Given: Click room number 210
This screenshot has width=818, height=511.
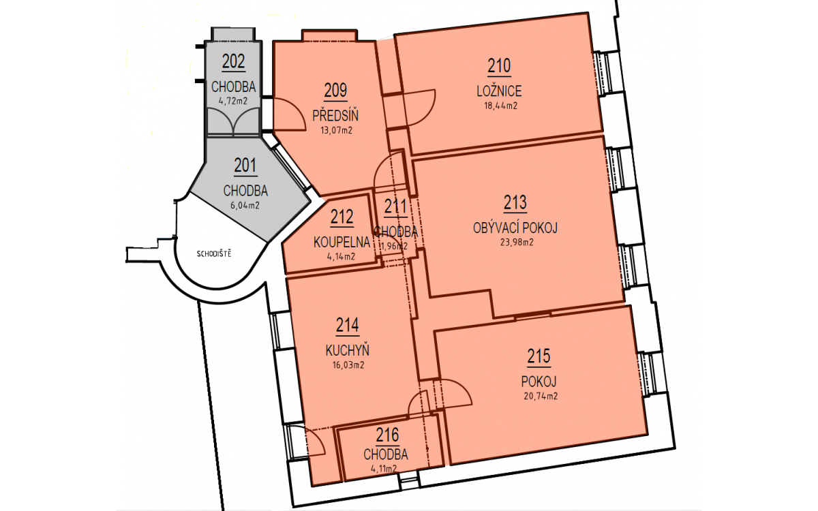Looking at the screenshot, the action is [x=499, y=66].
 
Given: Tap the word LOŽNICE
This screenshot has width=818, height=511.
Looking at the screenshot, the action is [x=499, y=91].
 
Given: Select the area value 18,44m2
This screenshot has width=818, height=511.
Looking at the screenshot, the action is [x=500, y=106].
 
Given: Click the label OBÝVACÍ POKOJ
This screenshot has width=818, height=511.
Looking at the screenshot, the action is [x=515, y=228].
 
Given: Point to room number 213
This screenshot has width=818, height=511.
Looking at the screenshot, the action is [x=515, y=203].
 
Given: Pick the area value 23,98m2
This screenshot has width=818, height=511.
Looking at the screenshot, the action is [x=517, y=243].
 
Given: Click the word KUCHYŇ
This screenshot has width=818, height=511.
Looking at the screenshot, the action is [x=347, y=350].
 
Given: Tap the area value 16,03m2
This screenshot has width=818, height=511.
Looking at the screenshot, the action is [x=348, y=365].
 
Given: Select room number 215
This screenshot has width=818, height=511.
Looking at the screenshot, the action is [x=539, y=356].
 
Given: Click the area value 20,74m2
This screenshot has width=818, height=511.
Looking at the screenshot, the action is [x=541, y=396].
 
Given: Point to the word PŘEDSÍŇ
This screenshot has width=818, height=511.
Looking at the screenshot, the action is [x=335, y=115].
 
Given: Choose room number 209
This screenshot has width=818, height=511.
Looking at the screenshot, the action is [x=335, y=91].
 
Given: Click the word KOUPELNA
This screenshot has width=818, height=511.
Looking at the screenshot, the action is [x=342, y=242].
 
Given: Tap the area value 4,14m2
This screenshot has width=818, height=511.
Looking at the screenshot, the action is [x=341, y=257].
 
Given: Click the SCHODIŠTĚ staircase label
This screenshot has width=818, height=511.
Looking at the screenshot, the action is [x=214, y=254].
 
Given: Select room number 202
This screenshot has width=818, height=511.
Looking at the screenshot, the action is [x=233, y=61].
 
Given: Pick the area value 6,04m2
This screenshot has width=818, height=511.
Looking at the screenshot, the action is [x=245, y=206].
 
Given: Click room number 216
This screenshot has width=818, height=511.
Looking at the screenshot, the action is [x=387, y=435].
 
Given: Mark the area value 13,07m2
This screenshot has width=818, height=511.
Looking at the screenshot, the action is [x=336, y=130].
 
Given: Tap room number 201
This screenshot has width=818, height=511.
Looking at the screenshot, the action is [x=245, y=166].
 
